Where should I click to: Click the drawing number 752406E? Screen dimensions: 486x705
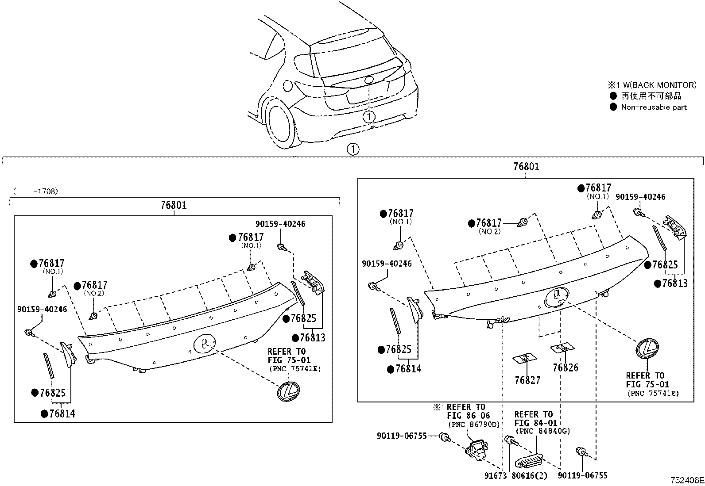[686, 480]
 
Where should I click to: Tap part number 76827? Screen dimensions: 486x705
[527, 379]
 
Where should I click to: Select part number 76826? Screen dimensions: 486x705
[565, 367]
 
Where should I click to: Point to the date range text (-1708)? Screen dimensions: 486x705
[35, 191]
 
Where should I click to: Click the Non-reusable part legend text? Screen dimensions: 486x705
[654, 107]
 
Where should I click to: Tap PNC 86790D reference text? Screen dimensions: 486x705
[473, 425]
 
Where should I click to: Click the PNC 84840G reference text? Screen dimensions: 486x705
[542, 431]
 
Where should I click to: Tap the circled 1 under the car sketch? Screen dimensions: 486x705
[352, 149]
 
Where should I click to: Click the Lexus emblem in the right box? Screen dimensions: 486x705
[647, 348]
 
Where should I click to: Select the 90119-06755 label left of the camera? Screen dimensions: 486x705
[402, 436]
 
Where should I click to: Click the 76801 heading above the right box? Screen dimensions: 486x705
[526, 167]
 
